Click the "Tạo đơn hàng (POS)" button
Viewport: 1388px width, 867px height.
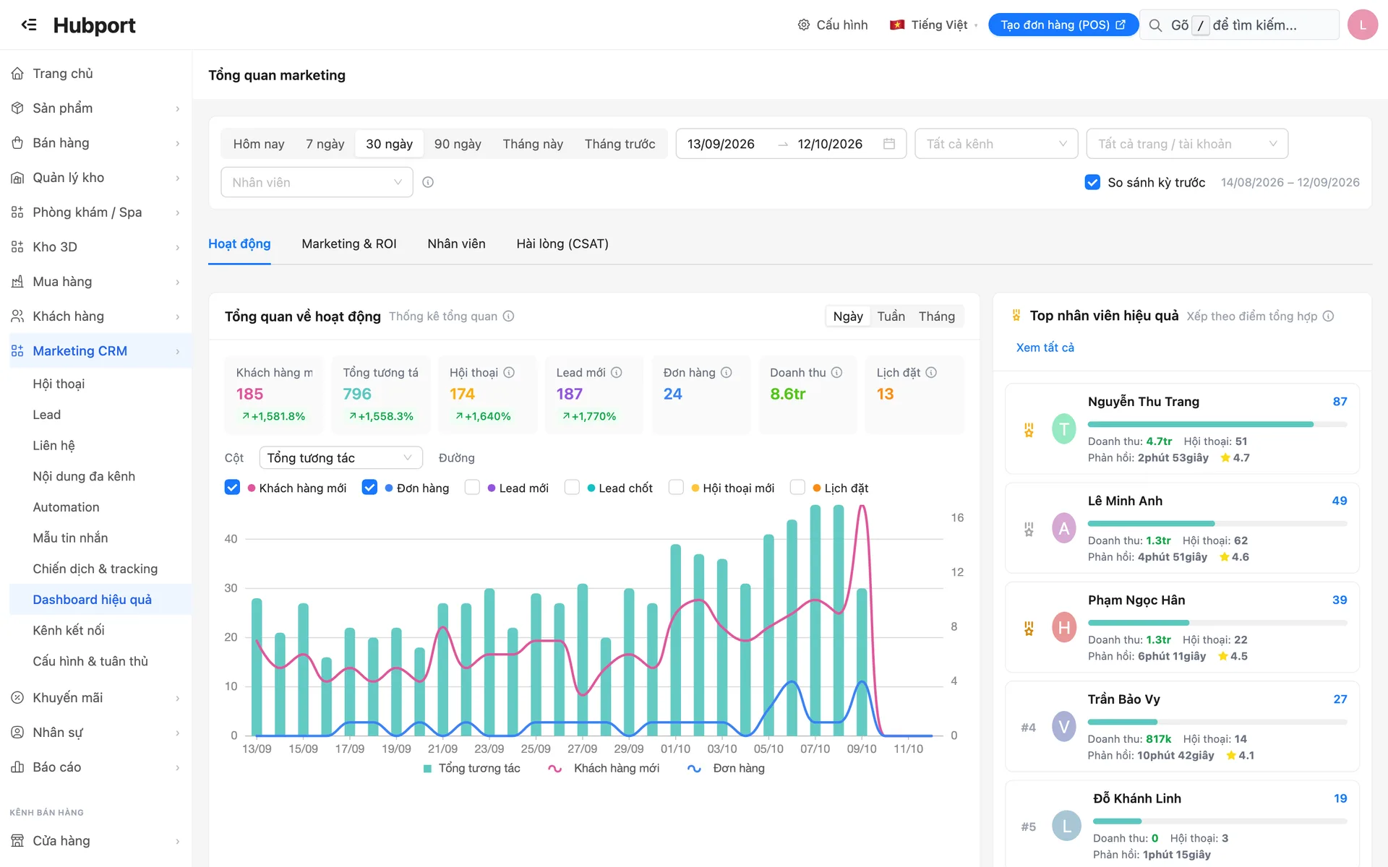[1063, 25]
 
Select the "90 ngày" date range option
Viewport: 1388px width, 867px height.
[458, 144]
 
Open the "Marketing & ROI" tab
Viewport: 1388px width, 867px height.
[349, 243]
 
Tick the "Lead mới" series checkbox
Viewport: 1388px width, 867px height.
[472, 488]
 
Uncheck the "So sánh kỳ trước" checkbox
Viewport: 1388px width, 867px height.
[1092, 182]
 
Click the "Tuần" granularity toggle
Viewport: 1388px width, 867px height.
[891, 316]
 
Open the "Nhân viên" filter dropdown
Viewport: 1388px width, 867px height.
[317, 182]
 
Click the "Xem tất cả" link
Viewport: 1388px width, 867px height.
[1045, 348]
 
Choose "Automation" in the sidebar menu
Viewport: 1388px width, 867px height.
[66, 507]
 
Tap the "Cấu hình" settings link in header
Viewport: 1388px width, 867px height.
[833, 25]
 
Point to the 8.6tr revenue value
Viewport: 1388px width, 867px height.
[787, 394]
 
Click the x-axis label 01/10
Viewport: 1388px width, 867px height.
[675, 749]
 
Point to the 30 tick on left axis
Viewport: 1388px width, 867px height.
[231, 588]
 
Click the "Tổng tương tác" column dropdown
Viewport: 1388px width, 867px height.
[340, 458]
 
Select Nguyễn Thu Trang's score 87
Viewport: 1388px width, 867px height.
[1340, 401]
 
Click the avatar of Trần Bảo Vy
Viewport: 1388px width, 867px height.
[1063, 726]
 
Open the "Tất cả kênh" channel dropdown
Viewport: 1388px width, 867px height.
[996, 144]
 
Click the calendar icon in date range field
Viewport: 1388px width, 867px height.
[889, 144]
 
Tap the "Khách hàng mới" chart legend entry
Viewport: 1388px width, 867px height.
[604, 768]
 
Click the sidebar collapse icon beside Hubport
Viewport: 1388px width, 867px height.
[29, 25]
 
